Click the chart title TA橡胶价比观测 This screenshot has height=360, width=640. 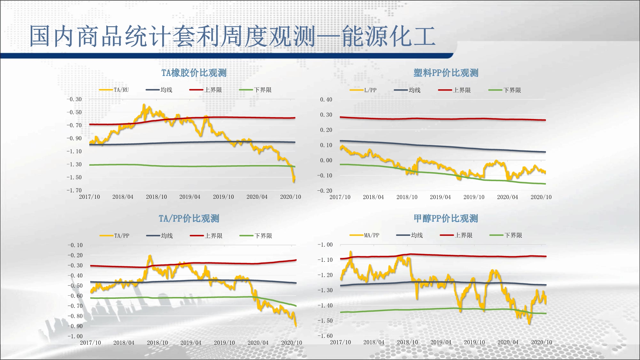tap(194, 73)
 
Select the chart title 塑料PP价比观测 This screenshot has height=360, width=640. tap(446, 73)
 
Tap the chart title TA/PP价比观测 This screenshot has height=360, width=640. tap(189, 219)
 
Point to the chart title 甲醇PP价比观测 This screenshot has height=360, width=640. tap(446, 219)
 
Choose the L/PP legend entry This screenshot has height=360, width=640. tap(370, 90)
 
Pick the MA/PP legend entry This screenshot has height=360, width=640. tap(372, 235)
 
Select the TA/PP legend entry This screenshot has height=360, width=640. tap(122, 236)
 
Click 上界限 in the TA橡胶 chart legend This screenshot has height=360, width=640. tap(213, 90)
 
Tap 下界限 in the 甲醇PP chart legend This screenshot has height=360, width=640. tap(513, 235)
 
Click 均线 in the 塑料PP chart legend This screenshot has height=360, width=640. tap(414, 90)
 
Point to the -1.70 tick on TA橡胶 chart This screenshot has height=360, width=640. tap(74, 190)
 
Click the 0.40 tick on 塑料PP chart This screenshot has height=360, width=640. tap(326, 100)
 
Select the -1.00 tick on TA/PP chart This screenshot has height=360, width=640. tap(75, 336)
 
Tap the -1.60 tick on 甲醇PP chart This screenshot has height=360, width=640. tap(325, 336)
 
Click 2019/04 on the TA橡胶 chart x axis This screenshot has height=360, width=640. tap(190, 197)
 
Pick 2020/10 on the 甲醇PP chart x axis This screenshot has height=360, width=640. tap(541, 342)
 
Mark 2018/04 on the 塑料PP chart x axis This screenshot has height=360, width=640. tap(373, 197)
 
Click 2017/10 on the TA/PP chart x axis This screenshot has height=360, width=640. tap(90, 343)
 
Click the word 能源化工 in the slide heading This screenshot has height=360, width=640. tap(389, 36)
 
